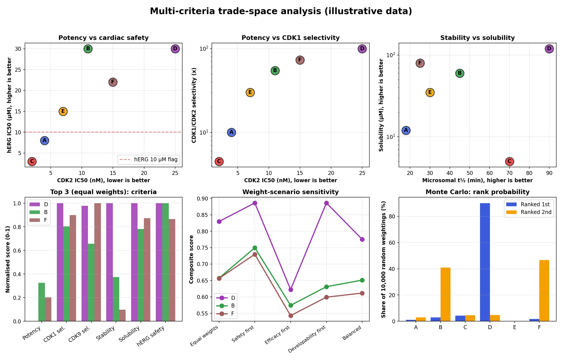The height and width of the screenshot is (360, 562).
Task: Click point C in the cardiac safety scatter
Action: (x=32, y=161)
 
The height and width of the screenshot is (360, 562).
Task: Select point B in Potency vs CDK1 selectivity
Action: (x=275, y=71)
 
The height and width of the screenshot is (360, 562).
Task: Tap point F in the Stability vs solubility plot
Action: (x=420, y=63)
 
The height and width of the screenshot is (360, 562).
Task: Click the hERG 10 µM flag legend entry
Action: (x=149, y=159)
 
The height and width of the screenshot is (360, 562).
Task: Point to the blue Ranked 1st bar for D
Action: (x=485, y=262)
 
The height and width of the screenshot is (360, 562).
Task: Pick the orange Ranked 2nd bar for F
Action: (x=544, y=291)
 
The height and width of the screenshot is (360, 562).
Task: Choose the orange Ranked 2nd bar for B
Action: (x=445, y=294)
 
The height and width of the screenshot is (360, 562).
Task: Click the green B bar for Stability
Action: (x=116, y=299)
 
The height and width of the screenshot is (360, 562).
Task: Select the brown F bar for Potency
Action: (x=48, y=309)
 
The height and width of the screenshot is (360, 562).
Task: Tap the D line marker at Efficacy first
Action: (x=291, y=290)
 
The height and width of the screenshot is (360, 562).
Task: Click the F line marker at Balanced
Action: (x=362, y=293)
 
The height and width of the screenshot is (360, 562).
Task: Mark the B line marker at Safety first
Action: (x=255, y=248)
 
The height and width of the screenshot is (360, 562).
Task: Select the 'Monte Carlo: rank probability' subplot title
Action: (x=477, y=192)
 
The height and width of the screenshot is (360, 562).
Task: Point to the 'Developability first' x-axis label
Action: (x=307, y=339)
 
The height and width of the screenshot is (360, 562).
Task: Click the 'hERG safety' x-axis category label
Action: (x=151, y=336)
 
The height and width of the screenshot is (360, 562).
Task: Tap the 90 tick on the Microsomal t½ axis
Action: (x=549, y=173)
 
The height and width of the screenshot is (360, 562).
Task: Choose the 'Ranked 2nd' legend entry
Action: (x=529, y=212)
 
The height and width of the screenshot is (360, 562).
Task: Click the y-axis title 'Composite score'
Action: (x=191, y=259)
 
